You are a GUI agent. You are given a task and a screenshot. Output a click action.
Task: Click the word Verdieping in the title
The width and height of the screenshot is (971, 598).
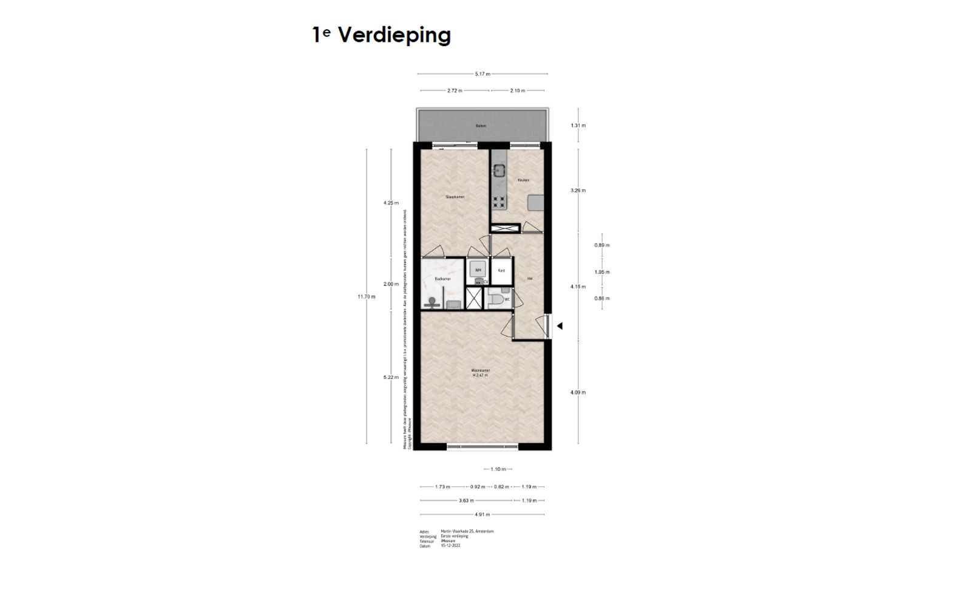coord(394,35)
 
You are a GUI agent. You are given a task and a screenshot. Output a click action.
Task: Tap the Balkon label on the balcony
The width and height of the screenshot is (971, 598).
coord(481,126)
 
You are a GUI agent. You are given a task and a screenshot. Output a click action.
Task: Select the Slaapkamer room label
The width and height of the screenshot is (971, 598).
coord(455,197)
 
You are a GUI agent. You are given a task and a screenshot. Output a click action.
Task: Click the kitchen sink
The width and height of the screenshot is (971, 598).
coord(499,171)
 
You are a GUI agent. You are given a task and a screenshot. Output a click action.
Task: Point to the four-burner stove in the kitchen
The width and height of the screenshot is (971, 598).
coord(499,202)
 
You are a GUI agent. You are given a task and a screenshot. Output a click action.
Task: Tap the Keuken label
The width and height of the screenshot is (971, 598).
coord(523,180)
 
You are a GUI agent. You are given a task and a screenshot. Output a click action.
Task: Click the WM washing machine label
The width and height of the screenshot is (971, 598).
coord(478,270)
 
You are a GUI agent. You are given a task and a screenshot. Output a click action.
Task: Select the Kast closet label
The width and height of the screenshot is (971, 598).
coord(501,270)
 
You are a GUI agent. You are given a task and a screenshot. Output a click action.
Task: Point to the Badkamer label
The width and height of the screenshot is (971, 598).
coord(442,279)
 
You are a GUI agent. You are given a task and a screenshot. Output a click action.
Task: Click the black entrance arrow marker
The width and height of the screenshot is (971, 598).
coord(560,326)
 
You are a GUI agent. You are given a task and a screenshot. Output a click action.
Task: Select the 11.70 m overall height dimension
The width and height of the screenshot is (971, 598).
coord(367,296)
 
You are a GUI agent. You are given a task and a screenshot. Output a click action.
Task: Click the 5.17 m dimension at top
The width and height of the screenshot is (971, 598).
coord(482,74)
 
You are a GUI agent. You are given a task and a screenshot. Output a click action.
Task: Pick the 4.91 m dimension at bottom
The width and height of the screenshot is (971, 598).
coord(482,515)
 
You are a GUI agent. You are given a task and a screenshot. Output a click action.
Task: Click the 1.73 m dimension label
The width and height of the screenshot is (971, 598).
coord(443,487)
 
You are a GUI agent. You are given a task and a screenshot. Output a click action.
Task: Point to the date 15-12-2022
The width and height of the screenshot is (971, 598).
coord(452,546)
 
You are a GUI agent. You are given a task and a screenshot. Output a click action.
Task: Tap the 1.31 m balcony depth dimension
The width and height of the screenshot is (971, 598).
coord(578,126)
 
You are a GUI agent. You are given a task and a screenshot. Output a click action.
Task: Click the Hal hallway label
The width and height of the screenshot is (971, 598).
coord(530,279)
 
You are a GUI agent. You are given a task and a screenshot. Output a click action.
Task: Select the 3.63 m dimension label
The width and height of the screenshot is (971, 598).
coord(466,501)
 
